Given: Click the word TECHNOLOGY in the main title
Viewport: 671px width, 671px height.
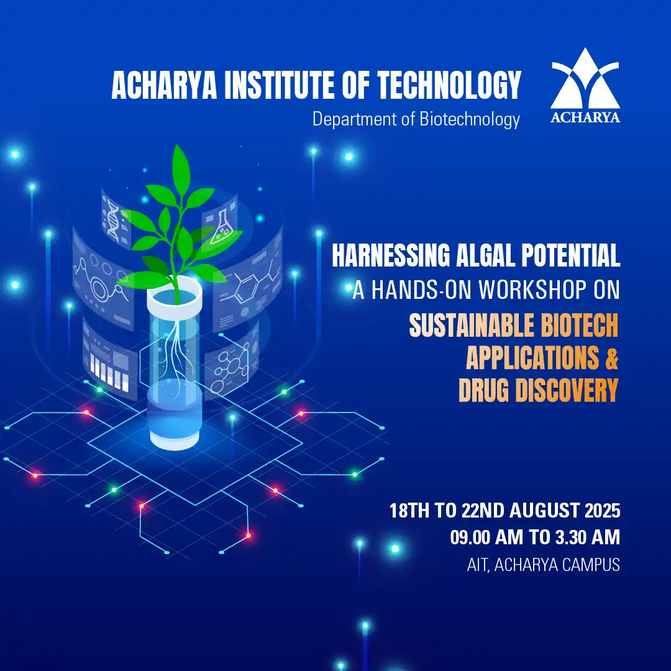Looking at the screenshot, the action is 449,85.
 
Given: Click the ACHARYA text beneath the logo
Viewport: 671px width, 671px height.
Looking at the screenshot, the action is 585,117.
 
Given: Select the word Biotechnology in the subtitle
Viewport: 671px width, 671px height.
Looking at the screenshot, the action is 470,119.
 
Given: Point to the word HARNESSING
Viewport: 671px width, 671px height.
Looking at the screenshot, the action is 391,255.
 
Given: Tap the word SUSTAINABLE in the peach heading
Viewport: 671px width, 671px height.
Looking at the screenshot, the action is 471,325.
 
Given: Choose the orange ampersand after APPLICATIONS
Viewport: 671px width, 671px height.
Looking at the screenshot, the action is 612,358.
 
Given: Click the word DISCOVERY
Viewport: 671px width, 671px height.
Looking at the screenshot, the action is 567,390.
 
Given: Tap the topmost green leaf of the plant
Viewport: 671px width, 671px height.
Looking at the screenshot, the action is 181,169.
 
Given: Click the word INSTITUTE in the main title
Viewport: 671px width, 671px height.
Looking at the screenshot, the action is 280,85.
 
